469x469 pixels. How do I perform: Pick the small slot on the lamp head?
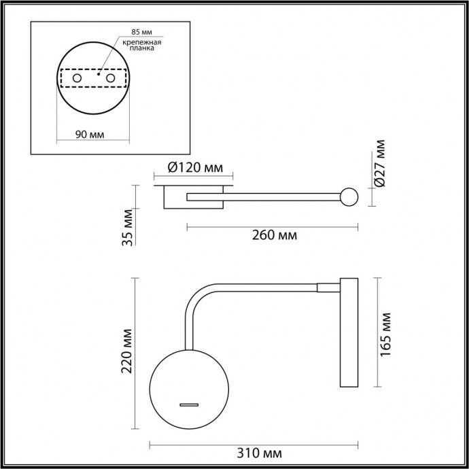click(189, 405)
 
